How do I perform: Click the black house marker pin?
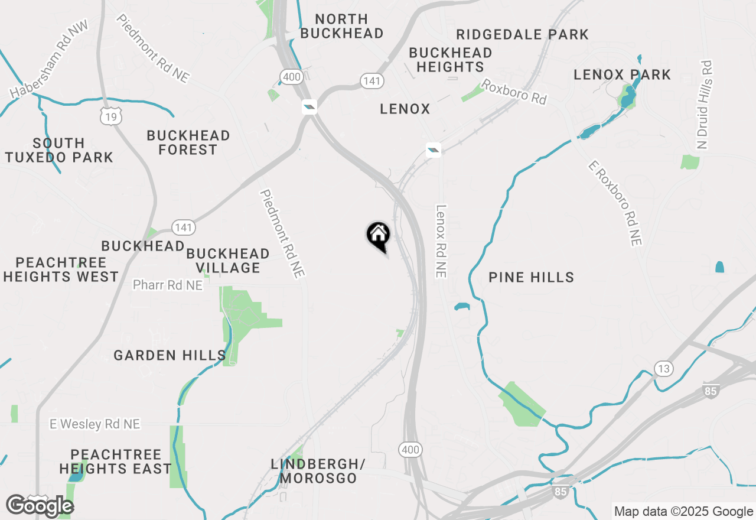pyautogui.click(x=378, y=235)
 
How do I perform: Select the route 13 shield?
pyautogui.click(x=663, y=369)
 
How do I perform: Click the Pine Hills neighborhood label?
pyautogui.click(x=532, y=277)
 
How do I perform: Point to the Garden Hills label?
pyautogui.click(x=170, y=355)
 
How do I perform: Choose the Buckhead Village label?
pyautogui.click(x=228, y=261)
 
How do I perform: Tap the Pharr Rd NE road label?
pyautogui.click(x=168, y=285)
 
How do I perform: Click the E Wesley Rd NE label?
pyautogui.click(x=94, y=424)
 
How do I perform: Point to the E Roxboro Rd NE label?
pyautogui.click(x=615, y=203)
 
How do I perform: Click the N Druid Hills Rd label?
pyautogui.click(x=703, y=105)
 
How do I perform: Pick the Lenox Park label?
pyautogui.click(x=623, y=74)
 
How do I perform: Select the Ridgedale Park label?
pyautogui.click(x=522, y=34)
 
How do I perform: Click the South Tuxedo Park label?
pyautogui.click(x=59, y=150)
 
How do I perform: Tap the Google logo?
pyautogui.click(x=40, y=506)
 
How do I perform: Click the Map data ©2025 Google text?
pyautogui.click(x=683, y=512)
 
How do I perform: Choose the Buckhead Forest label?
pyautogui.click(x=188, y=142)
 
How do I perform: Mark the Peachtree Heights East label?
pyautogui.click(x=116, y=461)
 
